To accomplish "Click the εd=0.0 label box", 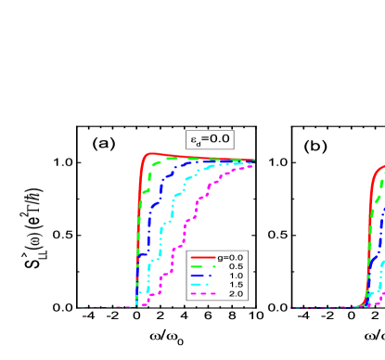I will tap(209, 140).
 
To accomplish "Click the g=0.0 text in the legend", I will tap(229, 257).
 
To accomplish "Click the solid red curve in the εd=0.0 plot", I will tap(142, 176).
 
